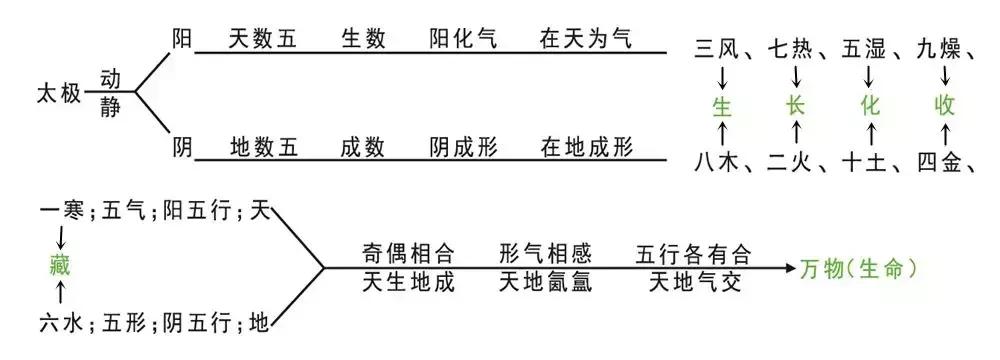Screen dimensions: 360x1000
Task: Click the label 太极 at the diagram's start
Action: [57, 95]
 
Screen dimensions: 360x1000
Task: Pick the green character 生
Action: [722, 104]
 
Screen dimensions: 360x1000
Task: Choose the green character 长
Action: [796, 104]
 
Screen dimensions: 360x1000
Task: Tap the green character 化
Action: [870, 104]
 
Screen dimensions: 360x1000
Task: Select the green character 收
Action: [944, 104]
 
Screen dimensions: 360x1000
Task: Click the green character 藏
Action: [61, 266]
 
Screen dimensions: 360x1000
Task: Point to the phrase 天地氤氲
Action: [545, 283]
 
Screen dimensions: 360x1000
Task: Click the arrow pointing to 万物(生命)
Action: [782, 267]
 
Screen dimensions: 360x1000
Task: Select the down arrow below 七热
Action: [796, 75]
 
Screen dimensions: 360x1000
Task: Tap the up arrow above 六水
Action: [61, 294]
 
